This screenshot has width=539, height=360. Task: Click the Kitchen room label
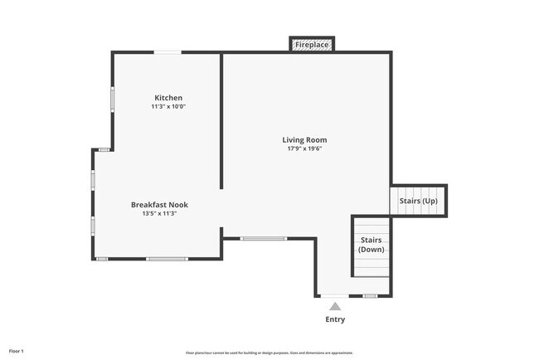coord(168,98)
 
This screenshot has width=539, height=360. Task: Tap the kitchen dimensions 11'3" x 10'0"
coord(168,107)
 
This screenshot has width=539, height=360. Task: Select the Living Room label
coord(304,140)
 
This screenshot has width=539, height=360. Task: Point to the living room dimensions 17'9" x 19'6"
coord(304,149)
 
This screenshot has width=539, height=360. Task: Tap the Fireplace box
coord(312,44)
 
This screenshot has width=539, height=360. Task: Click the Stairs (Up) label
coord(418,201)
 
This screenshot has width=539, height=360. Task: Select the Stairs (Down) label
coord(371,245)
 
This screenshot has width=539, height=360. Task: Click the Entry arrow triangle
coord(335,306)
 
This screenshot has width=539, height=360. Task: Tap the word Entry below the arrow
coord(335,319)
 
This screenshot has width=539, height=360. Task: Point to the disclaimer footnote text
coord(269,353)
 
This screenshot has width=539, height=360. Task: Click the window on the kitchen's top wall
coord(168,53)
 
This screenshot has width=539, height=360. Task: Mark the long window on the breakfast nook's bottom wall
coord(167,259)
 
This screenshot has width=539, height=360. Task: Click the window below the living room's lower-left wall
coord(263,239)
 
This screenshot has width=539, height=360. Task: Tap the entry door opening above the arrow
coord(335,296)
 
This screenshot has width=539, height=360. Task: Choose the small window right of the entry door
coord(370,296)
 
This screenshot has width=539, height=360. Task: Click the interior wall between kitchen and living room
coord(221,120)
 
